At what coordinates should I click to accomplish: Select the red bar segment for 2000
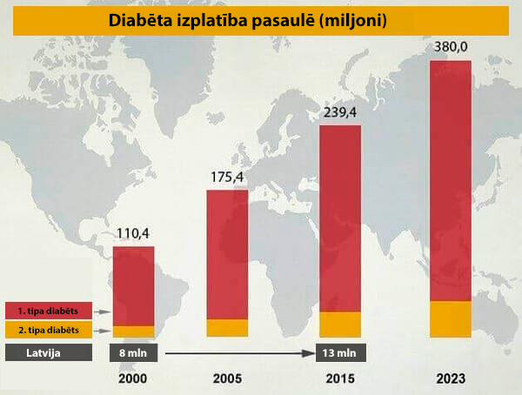pos(134,285)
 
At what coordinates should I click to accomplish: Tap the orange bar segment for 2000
pos(134,331)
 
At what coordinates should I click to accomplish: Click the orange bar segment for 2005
pos(227,327)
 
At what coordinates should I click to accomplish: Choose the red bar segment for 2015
pos(340,218)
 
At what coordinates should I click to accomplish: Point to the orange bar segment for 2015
pos(340,323)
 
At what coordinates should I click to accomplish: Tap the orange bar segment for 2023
pos(451,318)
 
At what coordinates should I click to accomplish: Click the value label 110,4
pos(134,233)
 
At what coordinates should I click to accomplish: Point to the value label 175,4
pos(228,177)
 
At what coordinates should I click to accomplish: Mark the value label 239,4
pos(340,113)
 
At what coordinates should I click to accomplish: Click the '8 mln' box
pos(134,353)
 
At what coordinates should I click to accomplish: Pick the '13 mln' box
pos(340,353)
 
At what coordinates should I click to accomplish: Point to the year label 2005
pos(227,379)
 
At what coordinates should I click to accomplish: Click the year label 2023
pos(451,379)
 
